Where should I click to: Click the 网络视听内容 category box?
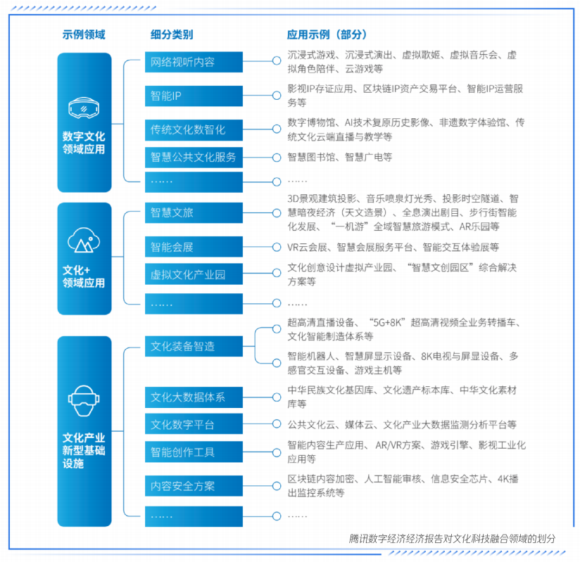tap(194, 62)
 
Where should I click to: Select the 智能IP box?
tap(194, 96)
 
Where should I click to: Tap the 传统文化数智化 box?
tap(194, 130)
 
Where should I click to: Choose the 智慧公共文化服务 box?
tap(194, 158)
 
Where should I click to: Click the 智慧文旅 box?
tap(194, 212)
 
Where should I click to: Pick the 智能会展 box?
tap(194, 247)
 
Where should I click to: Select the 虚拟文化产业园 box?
tap(194, 274)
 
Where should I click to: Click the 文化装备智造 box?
tap(194, 346)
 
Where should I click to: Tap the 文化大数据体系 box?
tap(194, 397)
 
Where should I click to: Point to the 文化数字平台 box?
tap(194, 424)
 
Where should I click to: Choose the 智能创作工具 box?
tap(194, 452)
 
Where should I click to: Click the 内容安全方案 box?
tap(194, 486)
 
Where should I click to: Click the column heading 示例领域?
tap(84, 34)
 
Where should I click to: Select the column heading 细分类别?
tap(172, 34)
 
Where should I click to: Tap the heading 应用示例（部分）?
tap(327, 34)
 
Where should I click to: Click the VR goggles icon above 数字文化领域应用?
tap(84, 108)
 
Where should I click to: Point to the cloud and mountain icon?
tap(84, 240)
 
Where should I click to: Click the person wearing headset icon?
tap(84, 401)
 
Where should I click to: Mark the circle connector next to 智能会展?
tap(277, 247)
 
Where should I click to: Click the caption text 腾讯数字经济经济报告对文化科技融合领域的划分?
tap(452, 539)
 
